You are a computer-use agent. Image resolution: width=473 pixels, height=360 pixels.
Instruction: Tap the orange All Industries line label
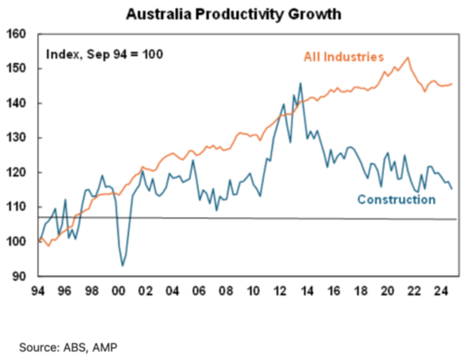pos(343,57)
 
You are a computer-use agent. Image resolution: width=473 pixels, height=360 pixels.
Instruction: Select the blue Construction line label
pos(396,200)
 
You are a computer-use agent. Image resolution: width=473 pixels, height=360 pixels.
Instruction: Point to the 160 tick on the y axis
pos(17,35)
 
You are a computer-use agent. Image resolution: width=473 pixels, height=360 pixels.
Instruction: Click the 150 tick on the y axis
pos(17,69)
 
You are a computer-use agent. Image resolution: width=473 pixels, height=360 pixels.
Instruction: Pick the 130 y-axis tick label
pos(17,138)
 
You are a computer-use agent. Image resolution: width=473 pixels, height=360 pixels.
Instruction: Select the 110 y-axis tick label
pos(17,207)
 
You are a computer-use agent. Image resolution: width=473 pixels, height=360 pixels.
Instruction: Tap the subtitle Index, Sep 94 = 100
pos(104,54)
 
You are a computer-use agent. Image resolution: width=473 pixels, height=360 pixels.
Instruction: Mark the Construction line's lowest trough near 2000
pos(122,266)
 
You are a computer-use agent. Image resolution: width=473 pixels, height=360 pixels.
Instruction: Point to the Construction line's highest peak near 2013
pos(300,83)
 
